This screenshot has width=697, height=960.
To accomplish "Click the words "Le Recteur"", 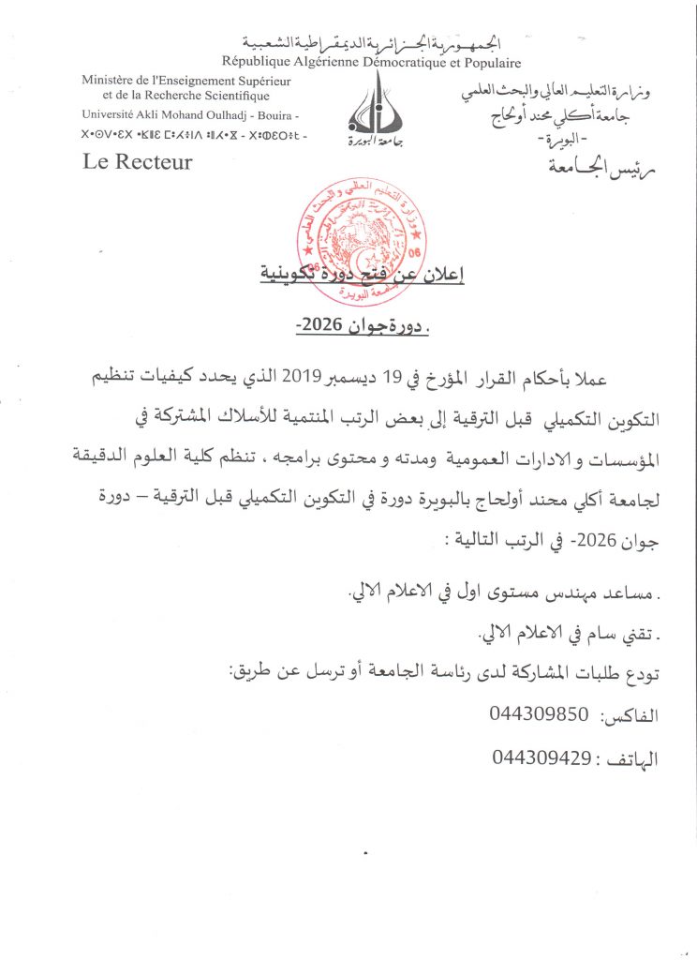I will click(138, 161).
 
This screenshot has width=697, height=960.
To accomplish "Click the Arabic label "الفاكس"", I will click(632, 715).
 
